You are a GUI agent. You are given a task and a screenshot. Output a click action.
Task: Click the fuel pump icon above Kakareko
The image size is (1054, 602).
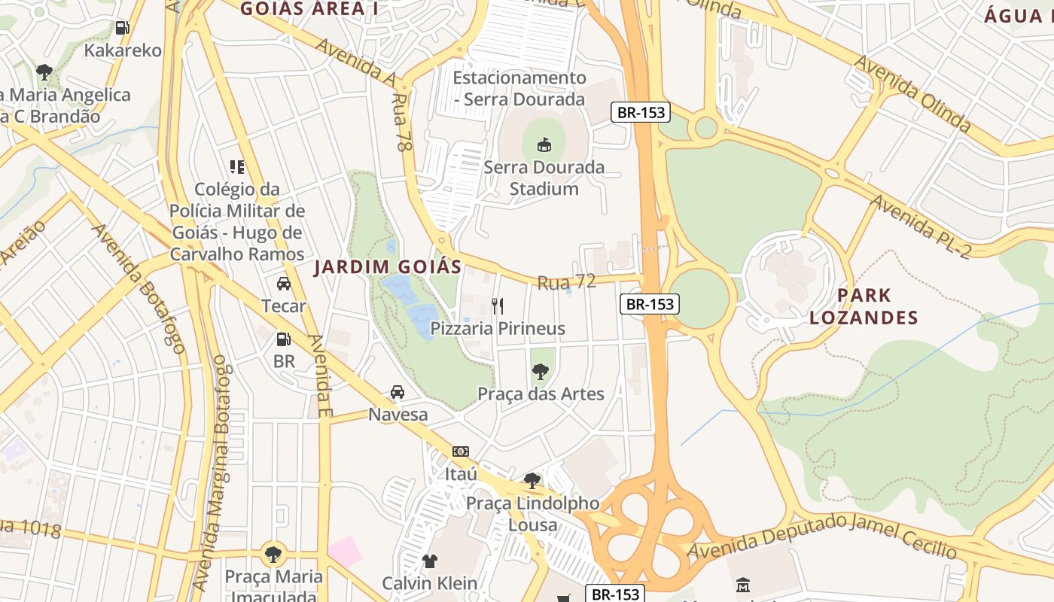click(122, 28)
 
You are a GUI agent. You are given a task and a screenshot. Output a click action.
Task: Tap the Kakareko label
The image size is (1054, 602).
click(123, 50)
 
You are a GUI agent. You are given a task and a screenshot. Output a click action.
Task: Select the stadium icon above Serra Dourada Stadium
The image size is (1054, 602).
click(544, 144)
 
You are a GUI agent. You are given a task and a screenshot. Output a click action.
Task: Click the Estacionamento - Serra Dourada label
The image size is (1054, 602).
click(519, 88)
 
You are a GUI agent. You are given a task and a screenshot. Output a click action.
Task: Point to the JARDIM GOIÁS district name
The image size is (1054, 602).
click(388, 266)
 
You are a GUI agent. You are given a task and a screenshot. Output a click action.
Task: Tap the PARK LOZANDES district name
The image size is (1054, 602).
click(864, 306)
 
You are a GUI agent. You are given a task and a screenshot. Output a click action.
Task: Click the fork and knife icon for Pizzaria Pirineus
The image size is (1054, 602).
click(497, 306)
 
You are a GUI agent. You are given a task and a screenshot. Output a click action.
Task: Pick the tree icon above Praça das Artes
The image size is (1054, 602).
click(540, 370)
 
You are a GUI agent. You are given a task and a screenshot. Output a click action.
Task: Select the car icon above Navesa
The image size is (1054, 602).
click(398, 391)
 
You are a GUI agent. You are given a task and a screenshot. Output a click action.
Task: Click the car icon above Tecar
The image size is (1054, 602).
click(284, 283)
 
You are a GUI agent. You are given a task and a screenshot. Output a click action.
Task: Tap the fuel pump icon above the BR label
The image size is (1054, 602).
click(284, 339)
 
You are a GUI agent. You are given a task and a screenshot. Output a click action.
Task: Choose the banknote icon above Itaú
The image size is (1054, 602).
click(461, 451)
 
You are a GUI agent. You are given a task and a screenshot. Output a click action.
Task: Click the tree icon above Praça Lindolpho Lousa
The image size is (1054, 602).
click(532, 480)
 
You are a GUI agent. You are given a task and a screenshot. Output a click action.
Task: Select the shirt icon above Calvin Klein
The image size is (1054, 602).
click(430, 561)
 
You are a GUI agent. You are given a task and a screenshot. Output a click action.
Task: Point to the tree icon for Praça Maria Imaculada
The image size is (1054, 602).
click(273, 555)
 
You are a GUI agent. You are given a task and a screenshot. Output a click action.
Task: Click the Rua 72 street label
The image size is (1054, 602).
click(566, 282)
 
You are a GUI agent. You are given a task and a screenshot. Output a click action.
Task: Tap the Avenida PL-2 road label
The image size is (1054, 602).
click(923, 226)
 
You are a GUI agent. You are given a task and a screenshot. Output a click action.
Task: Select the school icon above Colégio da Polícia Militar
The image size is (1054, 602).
click(237, 166)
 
